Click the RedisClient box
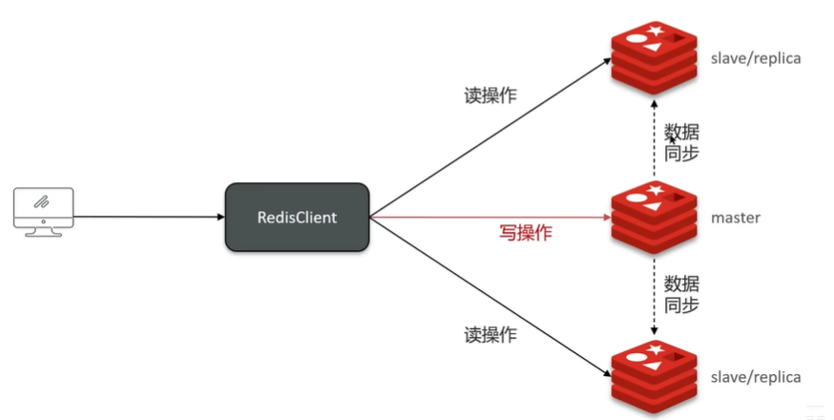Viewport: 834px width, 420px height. tap(297, 218)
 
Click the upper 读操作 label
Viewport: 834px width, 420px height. tap(490, 96)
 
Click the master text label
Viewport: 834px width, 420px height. tap(736, 218)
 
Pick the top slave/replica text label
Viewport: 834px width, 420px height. tap(756, 58)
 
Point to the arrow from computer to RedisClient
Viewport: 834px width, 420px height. tap(148, 218)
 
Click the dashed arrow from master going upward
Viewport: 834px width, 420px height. tap(654, 143)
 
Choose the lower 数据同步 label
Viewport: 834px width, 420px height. tap(681, 294)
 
